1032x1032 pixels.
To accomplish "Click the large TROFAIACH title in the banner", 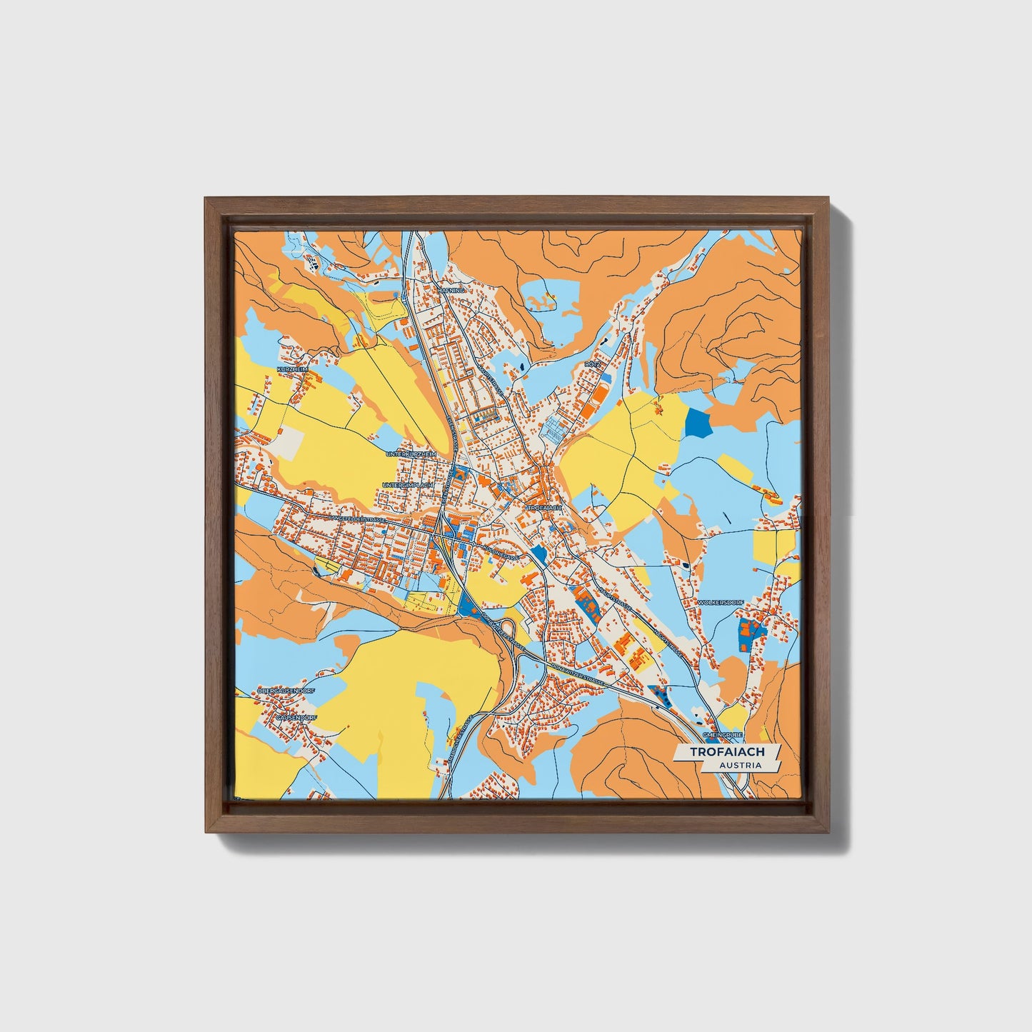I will (x=727, y=752).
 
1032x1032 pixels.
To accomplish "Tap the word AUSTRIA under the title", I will (x=740, y=765).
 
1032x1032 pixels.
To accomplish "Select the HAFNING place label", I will (x=451, y=291).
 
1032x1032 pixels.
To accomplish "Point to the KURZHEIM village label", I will (x=292, y=369).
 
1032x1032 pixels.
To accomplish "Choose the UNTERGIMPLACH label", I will (x=408, y=485).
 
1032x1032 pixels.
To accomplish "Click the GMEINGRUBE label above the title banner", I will (x=722, y=734).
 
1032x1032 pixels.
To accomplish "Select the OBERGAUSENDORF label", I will (x=286, y=691).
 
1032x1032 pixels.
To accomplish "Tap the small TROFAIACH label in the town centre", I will (x=545, y=507).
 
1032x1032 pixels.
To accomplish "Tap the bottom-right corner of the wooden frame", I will (x=829, y=832).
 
